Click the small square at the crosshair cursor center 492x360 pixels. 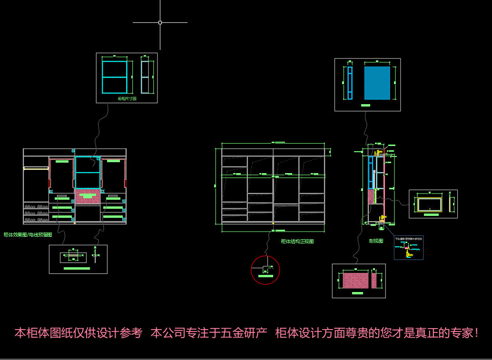(x=160, y=22)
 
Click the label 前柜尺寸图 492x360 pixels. (x=127, y=99)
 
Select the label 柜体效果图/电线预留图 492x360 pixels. (x=28, y=234)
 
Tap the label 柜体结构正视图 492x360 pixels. (x=297, y=242)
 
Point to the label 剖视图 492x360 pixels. (x=376, y=241)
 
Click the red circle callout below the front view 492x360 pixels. (x=265, y=270)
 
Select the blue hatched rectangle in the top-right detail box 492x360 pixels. (x=377, y=83)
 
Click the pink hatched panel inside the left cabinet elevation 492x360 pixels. (x=88, y=196)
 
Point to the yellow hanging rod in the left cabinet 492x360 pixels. (x=36, y=168)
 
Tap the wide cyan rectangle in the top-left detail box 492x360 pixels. (x=115, y=77)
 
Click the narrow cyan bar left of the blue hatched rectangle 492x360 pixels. (x=350, y=83)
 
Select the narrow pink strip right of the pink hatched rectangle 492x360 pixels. (x=374, y=281)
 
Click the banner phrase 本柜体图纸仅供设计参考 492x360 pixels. (x=79, y=333)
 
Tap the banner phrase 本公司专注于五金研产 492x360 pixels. (x=209, y=333)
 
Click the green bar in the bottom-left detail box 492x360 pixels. (x=77, y=269)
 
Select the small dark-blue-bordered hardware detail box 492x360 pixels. (x=408, y=248)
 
